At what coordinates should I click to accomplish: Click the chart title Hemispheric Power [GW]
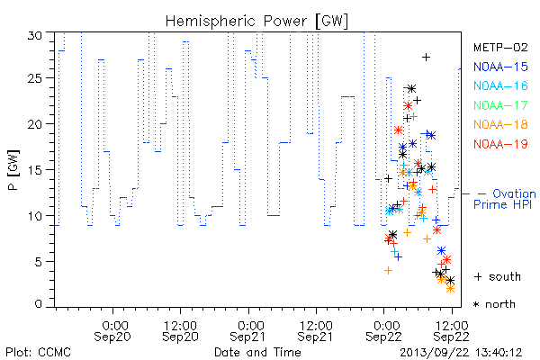[x=256, y=22]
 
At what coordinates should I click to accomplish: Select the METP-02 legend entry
[x=500, y=47]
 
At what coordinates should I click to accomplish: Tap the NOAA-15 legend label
[x=500, y=67]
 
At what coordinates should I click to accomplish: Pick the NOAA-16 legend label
[x=500, y=85]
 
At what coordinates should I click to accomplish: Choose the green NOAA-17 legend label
[x=500, y=105]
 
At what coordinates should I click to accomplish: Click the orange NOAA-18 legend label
[x=500, y=124]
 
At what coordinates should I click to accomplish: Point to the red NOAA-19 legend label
[x=500, y=144]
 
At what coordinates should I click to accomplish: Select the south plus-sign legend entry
[x=498, y=276]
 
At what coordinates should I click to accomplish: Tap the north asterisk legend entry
[x=494, y=304]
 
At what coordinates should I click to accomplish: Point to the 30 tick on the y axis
[x=34, y=35]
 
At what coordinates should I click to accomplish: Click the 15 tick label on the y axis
[x=34, y=170]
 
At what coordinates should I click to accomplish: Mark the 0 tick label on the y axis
[x=38, y=304]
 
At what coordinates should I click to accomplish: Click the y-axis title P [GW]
[x=13, y=170]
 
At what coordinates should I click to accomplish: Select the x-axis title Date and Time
[x=257, y=352]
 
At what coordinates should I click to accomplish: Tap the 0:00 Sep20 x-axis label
[x=112, y=331]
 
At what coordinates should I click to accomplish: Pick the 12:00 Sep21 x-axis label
[x=316, y=331]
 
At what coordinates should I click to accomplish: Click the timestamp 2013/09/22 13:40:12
[x=461, y=353]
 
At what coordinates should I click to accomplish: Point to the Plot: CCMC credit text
[x=38, y=352]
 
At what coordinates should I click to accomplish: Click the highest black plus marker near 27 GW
[x=426, y=57]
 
